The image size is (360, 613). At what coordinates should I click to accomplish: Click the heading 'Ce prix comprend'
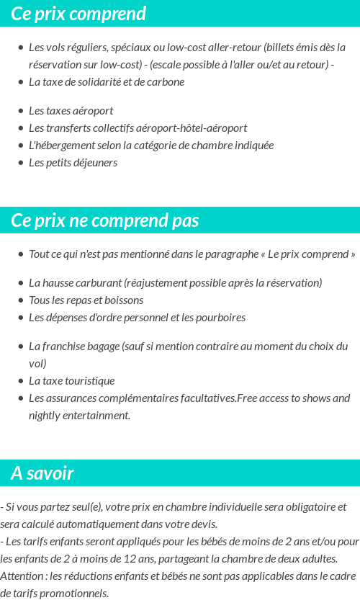(x=78, y=14)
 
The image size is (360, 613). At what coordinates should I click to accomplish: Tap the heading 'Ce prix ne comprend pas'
(x=105, y=220)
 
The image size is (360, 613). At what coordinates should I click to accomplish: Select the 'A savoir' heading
(x=42, y=473)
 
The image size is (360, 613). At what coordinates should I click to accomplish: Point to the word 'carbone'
(x=165, y=82)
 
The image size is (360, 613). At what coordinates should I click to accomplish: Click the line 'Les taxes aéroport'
(x=71, y=111)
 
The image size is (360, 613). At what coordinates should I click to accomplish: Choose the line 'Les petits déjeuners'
(x=73, y=163)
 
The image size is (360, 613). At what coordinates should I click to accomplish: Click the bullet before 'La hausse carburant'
(x=20, y=283)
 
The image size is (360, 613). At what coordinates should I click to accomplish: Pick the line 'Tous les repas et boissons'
(x=86, y=300)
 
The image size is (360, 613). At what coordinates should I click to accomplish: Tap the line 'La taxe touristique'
(x=71, y=381)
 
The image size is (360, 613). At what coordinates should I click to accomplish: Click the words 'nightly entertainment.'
(x=79, y=416)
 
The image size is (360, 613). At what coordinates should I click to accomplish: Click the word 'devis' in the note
(x=201, y=524)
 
